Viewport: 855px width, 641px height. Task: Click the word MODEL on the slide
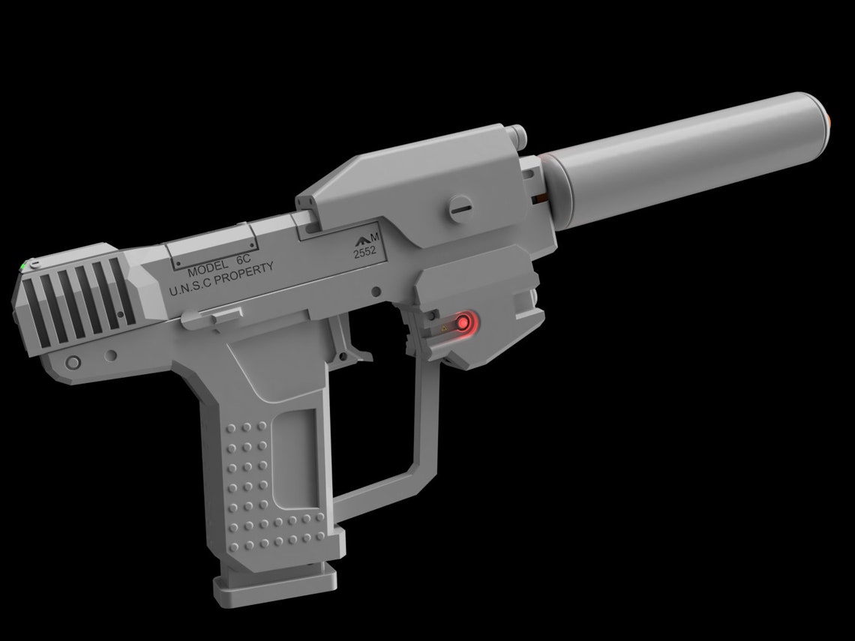(x=208, y=269)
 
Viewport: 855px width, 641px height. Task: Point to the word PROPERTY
(x=248, y=272)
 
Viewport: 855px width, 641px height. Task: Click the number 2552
(x=365, y=253)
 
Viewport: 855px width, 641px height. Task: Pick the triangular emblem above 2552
(x=364, y=240)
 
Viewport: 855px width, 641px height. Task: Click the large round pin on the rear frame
(x=73, y=363)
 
